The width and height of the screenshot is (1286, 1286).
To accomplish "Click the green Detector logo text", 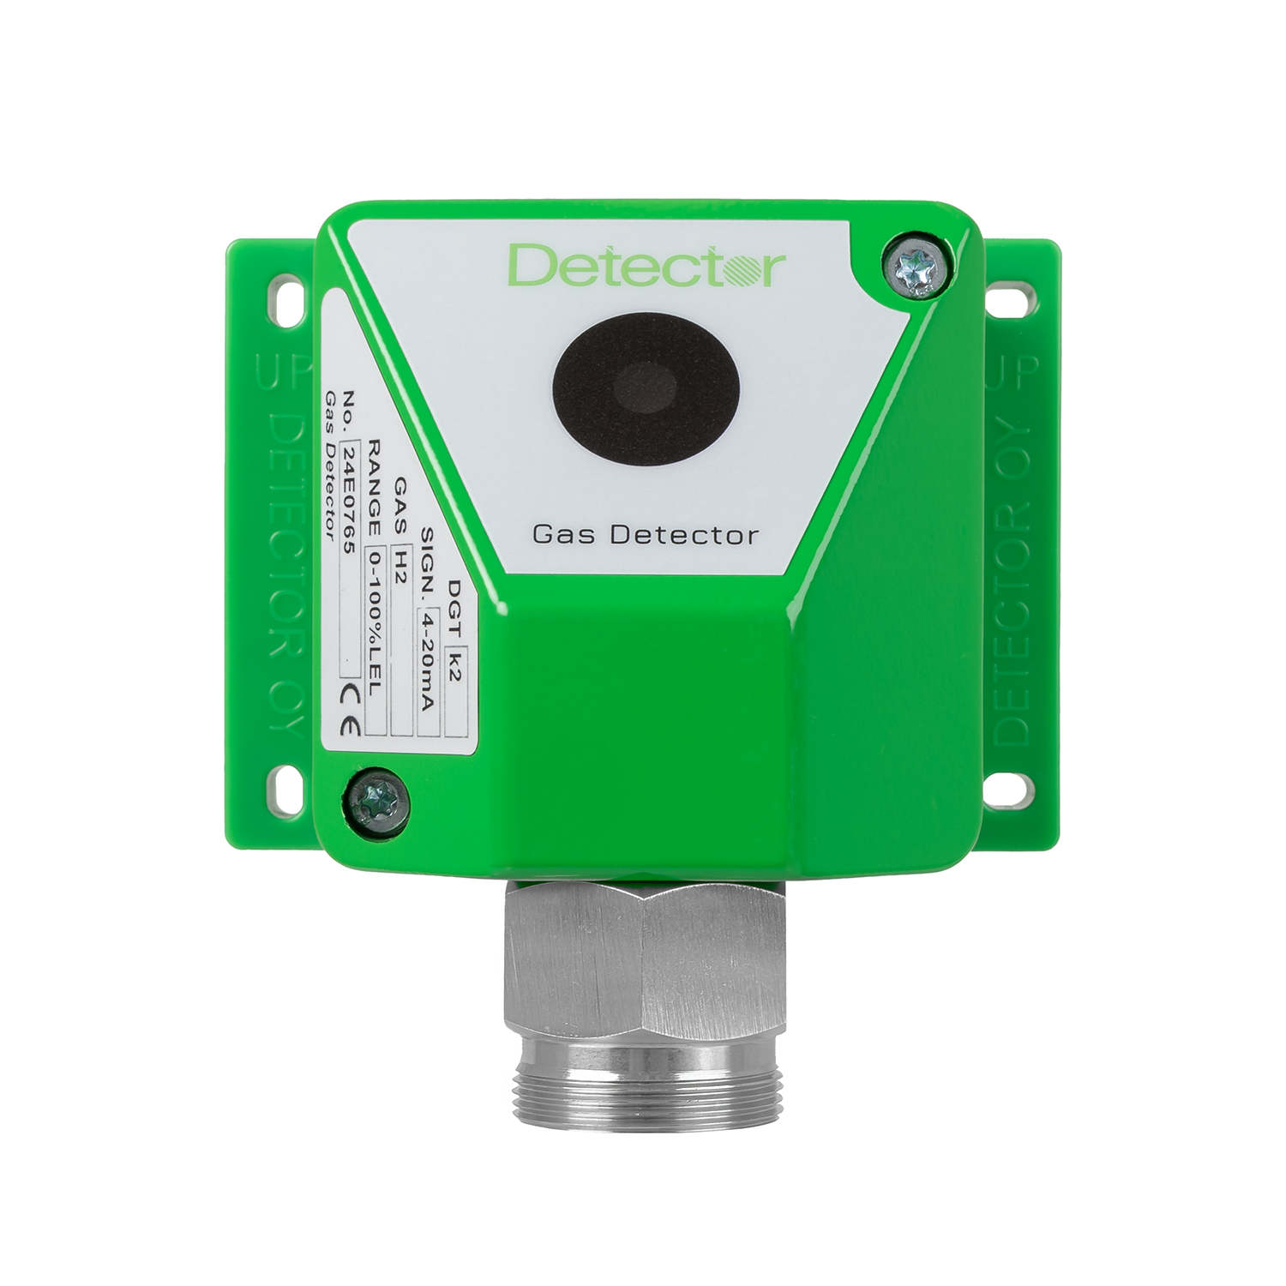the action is click(647, 265).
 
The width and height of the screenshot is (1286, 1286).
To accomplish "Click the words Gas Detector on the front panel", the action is click(646, 536).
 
